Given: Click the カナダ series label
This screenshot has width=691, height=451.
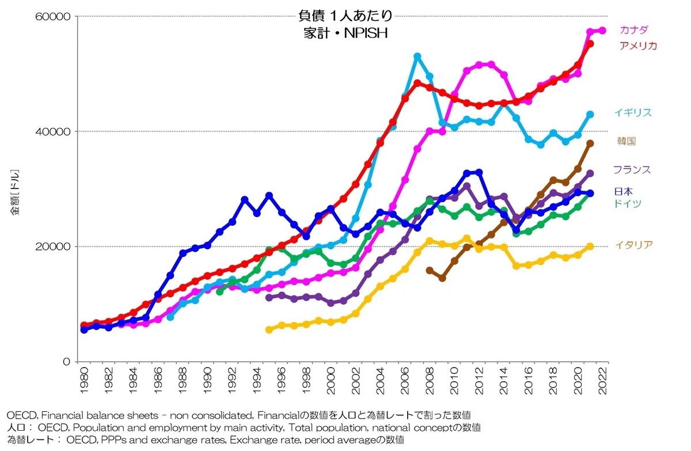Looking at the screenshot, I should [633, 29].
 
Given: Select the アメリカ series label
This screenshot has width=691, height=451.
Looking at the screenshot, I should [637, 46].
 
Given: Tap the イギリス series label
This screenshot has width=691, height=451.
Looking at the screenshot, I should [633, 112].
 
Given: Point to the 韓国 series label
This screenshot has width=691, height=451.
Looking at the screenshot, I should [626, 141].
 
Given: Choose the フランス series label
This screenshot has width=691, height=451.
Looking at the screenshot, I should [632, 169].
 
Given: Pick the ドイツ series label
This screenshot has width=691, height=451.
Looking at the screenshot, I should [627, 203].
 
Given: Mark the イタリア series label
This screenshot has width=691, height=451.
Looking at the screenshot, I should [633, 245].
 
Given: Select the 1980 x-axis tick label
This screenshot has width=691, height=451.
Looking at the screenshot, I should [84, 379].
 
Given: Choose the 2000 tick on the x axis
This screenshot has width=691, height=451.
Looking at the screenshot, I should [331, 379].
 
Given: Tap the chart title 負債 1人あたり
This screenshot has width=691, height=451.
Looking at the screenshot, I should [345, 16].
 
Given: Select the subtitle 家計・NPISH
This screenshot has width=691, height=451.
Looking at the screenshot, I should [345, 33].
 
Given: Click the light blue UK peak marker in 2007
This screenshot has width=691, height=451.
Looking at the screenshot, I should [417, 56].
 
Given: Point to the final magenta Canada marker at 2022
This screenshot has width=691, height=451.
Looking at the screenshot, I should [602, 31].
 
